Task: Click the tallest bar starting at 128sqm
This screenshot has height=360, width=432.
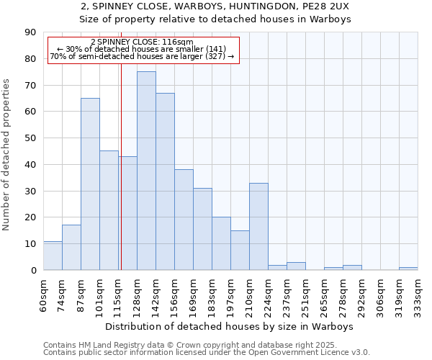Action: click(146, 171)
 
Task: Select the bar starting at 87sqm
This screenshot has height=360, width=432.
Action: click(90, 184)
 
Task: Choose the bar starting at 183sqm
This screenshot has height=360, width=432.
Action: click(221, 243)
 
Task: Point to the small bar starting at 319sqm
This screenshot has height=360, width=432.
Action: click(408, 269)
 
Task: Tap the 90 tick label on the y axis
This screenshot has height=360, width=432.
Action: click(30, 32)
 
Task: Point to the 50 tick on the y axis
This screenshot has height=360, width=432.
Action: click(30, 138)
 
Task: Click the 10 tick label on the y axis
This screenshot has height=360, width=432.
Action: click(30, 244)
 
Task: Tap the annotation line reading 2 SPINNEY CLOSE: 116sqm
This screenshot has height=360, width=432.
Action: click(143, 42)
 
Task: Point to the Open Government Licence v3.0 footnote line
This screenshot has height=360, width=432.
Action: click(207, 353)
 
